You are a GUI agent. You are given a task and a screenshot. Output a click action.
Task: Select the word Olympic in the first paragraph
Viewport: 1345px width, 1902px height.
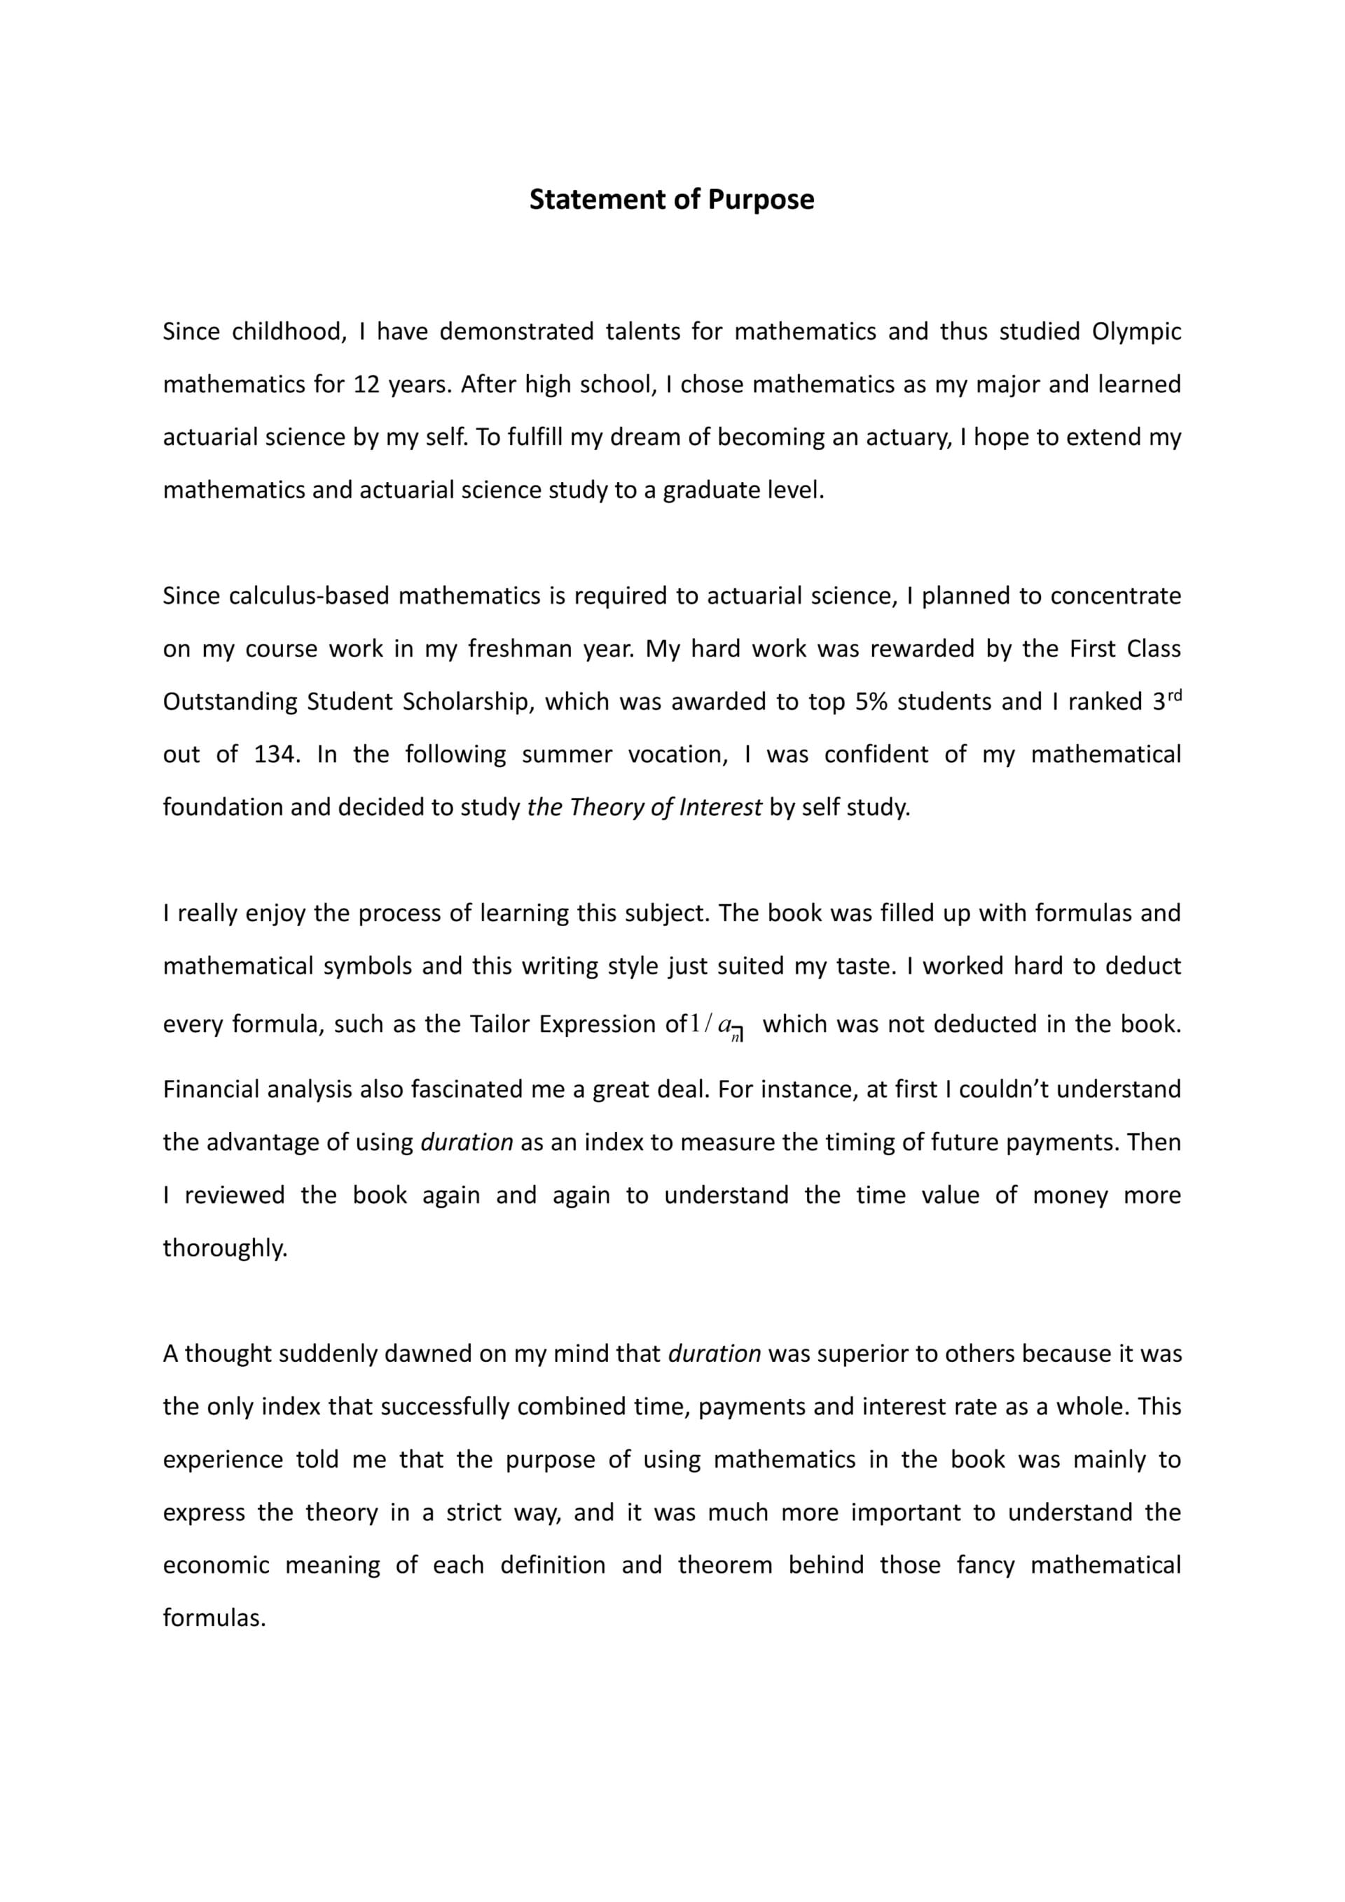[1136, 332]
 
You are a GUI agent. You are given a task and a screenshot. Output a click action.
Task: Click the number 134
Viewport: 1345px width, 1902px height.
[276, 754]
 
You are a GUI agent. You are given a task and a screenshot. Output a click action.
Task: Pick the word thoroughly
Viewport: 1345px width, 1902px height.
[226, 1248]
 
